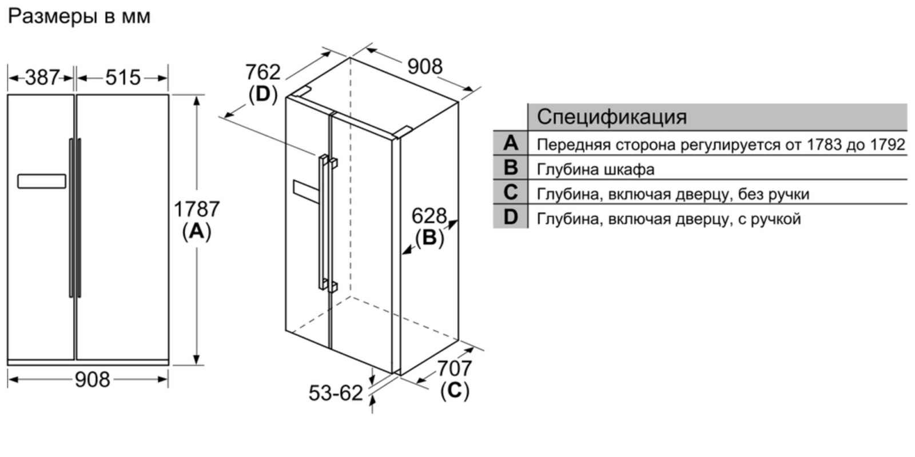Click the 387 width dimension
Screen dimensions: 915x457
pyautogui.click(x=42, y=77)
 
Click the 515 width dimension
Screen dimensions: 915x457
pyautogui.click(x=123, y=77)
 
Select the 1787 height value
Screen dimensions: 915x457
pyautogui.click(x=197, y=209)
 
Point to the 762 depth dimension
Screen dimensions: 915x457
pyautogui.click(x=262, y=72)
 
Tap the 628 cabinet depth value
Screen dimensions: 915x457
pyautogui.click(x=429, y=215)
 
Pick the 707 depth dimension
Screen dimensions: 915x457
pyautogui.click(x=455, y=368)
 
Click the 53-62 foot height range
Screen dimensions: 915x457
pyautogui.click(x=336, y=393)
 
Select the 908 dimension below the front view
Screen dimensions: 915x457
pyautogui.click(x=92, y=379)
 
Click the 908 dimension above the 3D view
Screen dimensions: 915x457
pyautogui.click(x=425, y=66)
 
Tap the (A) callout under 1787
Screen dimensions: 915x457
pyautogui.click(x=197, y=232)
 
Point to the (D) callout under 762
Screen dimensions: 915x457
pyautogui.click(x=262, y=94)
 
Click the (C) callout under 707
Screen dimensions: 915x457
pyautogui.click(x=455, y=391)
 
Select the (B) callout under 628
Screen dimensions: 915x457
pyautogui.click(x=429, y=238)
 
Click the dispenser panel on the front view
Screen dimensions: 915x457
pyautogui.click(x=42, y=181)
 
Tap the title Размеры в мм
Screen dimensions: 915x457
pyautogui.click(x=79, y=17)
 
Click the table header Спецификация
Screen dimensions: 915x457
pyautogui.click(x=611, y=117)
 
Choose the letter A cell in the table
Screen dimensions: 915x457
pyautogui.click(x=511, y=143)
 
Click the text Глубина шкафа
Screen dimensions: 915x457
pyautogui.click(x=595, y=169)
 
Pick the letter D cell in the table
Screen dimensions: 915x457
pyautogui.click(x=511, y=217)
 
